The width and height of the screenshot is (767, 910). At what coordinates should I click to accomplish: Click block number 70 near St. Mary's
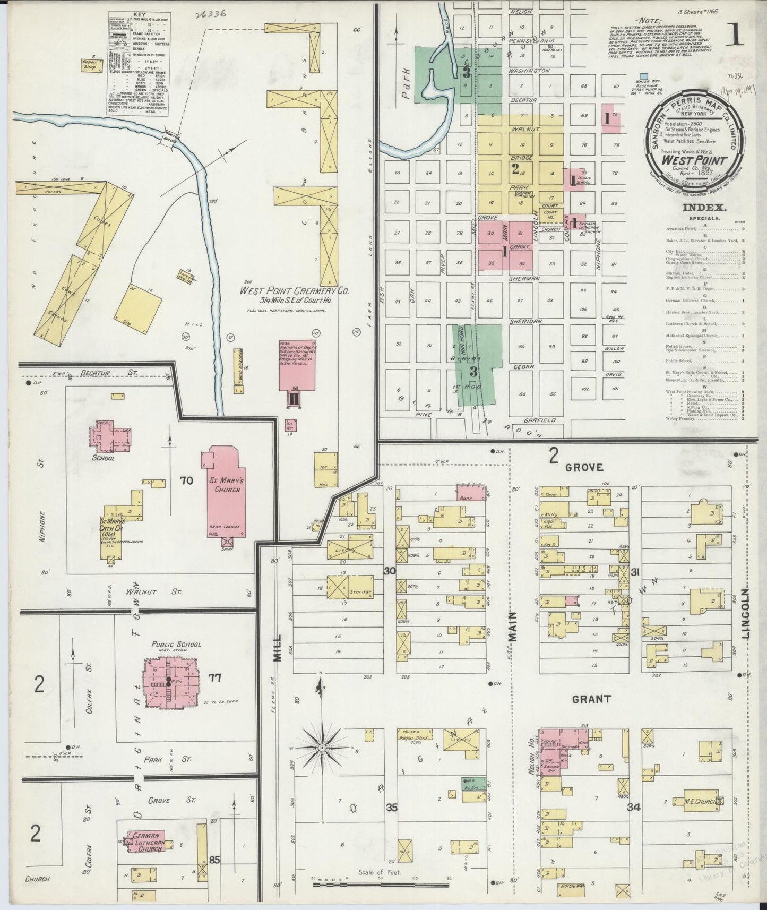click(186, 481)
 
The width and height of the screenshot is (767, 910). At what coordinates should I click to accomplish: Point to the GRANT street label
click(591, 699)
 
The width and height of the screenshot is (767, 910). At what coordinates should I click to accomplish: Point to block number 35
click(392, 808)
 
